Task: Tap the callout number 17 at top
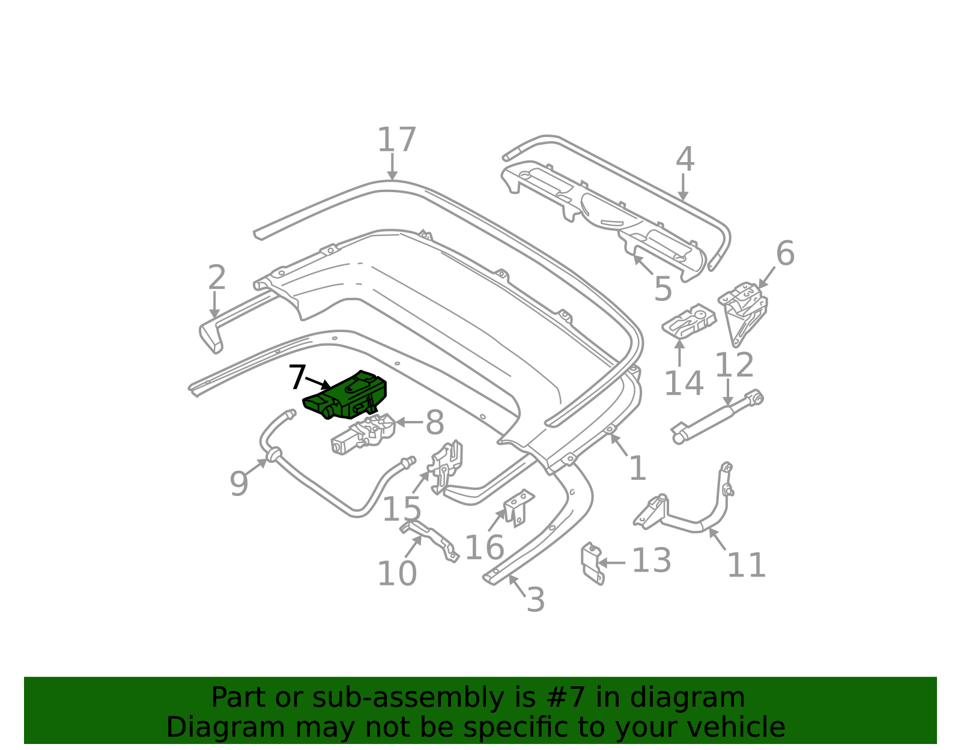point(396,141)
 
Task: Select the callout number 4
point(685,160)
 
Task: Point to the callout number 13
point(651,561)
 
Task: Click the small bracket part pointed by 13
point(592,562)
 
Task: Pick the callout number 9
point(239,483)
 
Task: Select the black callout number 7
point(297,378)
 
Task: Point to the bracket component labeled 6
point(744,309)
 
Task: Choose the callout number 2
point(217,278)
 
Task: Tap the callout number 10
point(396,573)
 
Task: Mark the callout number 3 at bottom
point(535,600)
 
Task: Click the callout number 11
point(747,566)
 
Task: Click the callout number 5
point(662,290)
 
